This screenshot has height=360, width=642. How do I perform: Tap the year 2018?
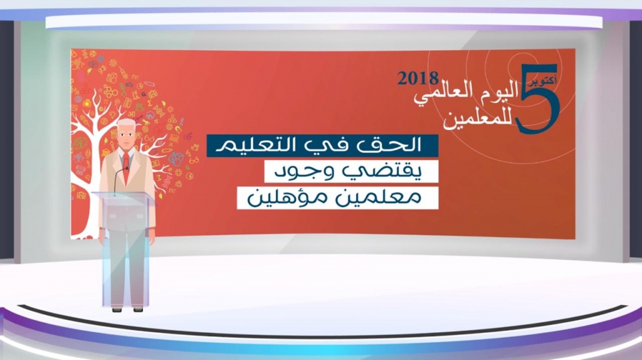[418, 78]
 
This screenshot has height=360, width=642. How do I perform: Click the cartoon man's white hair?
[126, 124]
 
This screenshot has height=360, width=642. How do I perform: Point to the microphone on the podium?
[120, 179]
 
